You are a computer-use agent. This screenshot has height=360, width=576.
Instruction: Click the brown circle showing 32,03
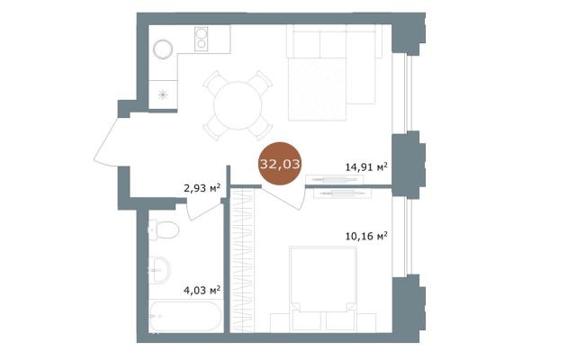coord(280,164)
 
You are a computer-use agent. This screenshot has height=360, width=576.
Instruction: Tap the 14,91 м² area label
coord(366,167)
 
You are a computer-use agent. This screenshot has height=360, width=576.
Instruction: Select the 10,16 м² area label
coord(366,236)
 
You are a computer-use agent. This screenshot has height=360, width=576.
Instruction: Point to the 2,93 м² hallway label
coord(202,189)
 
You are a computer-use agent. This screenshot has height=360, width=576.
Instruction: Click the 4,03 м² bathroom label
coord(202,291)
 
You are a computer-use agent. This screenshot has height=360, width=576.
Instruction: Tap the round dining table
coord(238,105)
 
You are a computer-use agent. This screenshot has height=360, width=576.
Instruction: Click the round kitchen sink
coord(163,49)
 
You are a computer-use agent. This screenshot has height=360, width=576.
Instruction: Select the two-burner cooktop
coord(201,39)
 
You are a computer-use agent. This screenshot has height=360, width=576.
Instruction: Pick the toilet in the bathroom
coord(164,230)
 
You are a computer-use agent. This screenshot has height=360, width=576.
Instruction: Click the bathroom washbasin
coord(159,270)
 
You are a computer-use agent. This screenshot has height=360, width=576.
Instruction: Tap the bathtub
coord(186,316)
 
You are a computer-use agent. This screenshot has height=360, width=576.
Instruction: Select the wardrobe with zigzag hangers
coord(242,261)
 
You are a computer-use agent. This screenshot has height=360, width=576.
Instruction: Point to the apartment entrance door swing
coord(106,141)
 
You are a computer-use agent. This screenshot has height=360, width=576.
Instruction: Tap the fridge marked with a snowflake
coord(163,94)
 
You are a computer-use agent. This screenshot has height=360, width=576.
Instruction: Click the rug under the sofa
coord(318,89)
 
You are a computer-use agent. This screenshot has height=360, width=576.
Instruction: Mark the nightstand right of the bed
coord(366,322)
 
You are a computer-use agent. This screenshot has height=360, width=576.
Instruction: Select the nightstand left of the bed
coord(280,322)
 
